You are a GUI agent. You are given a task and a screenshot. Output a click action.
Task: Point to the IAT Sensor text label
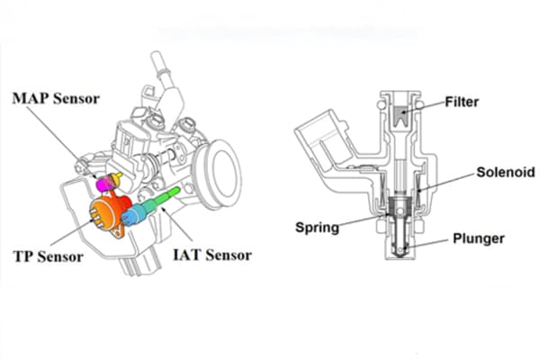(211, 256)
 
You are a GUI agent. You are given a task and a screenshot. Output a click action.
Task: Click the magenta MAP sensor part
(104, 184)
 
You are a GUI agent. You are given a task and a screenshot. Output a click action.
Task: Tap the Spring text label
(317, 228)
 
